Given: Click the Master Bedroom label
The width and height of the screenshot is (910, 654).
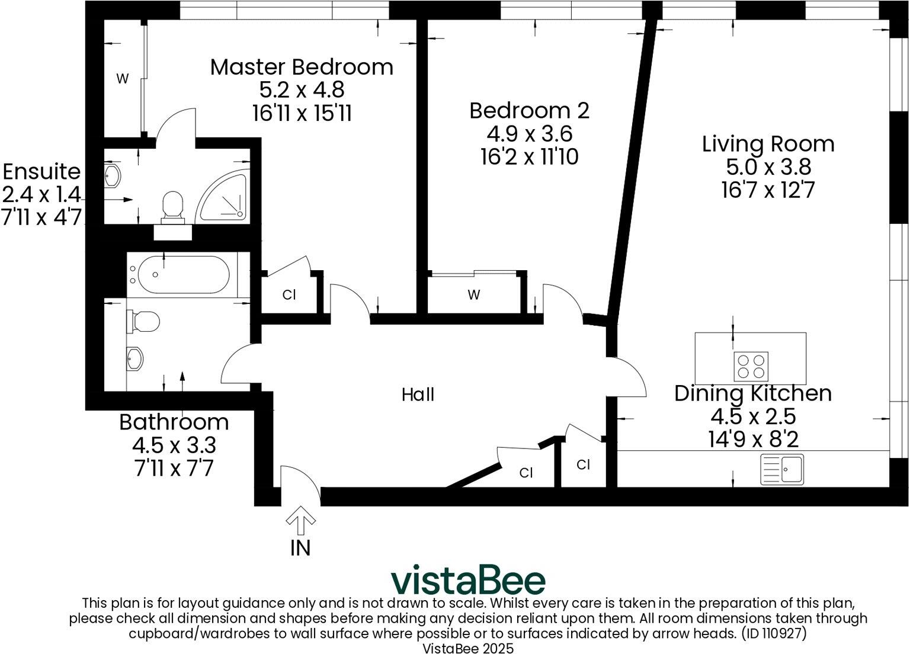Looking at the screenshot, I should pos(302,67).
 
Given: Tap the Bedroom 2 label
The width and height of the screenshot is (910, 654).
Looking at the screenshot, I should pos(529,111).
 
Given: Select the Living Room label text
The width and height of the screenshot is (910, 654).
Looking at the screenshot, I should pos(768,144).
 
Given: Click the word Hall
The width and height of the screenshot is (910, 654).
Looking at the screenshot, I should pos(418,395).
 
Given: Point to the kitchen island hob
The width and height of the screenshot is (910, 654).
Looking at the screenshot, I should pos(751,366).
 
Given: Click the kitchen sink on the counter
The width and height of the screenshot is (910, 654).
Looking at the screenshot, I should pos(782,469).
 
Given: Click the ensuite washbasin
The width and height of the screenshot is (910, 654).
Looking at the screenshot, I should pos(112,175).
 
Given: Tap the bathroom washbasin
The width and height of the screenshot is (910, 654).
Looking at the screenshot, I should pos(135,358).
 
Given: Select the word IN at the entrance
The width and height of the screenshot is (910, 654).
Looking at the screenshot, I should pos(300,548).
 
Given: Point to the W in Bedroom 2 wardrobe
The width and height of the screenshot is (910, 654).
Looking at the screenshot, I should pos(473,294).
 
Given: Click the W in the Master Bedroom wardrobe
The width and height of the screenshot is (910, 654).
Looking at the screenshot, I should pos(122,79).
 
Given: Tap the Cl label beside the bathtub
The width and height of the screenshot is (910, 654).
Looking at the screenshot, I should pos(289,294).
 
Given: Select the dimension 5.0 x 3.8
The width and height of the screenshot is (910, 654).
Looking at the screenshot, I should pos(768,167).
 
